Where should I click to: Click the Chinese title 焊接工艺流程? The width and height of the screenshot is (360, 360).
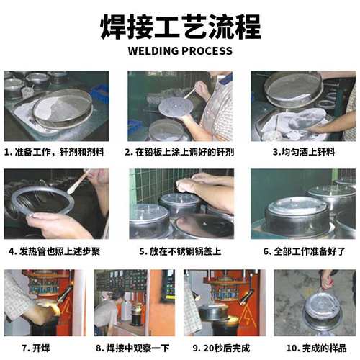coord(179,27)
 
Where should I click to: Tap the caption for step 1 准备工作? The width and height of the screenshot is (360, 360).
coord(53,153)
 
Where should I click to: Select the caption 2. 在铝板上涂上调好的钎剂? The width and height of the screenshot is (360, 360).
coord(179,153)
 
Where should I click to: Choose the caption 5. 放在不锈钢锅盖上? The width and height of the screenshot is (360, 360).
coord(179,252)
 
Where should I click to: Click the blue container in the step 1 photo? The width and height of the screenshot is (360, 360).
coord(100,93)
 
